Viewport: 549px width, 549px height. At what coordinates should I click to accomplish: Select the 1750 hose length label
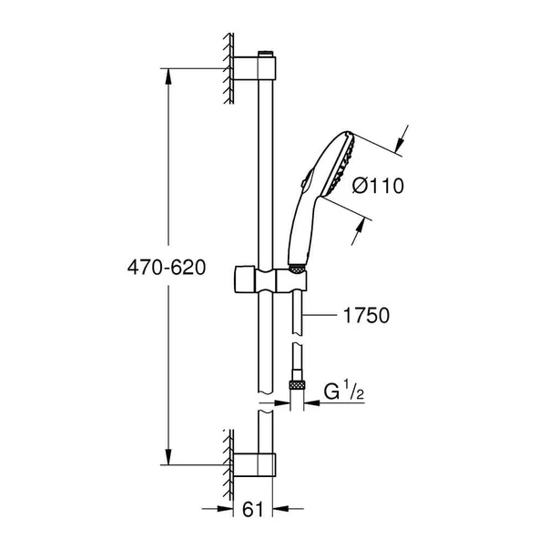367,316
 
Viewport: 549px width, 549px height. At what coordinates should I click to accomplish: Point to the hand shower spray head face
345,168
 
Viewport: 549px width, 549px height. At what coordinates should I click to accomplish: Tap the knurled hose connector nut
296,386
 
